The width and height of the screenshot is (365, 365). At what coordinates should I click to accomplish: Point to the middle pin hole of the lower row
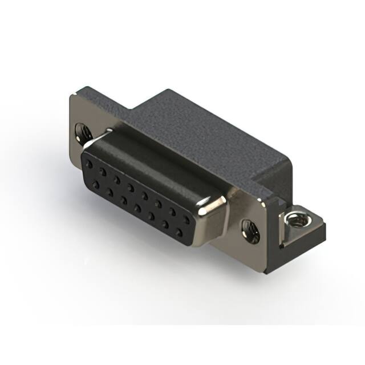[137, 206]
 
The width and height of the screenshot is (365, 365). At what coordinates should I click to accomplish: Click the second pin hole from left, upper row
[103, 171]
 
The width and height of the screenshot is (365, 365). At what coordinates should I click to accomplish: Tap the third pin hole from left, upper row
[117, 178]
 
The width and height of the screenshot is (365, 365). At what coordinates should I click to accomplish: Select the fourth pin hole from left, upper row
[131, 185]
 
